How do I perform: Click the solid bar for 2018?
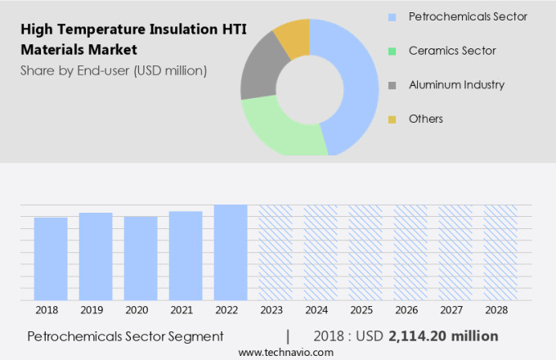click(x=51, y=259)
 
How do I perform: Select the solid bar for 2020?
click(x=141, y=259)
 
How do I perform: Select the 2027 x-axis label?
click(x=455, y=310)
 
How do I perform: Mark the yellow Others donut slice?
click(x=294, y=37)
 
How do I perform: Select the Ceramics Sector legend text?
click(x=453, y=51)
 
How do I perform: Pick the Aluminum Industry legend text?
click(x=457, y=85)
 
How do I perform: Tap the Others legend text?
click(x=426, y=119)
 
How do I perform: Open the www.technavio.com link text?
click(x=286, y=352)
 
